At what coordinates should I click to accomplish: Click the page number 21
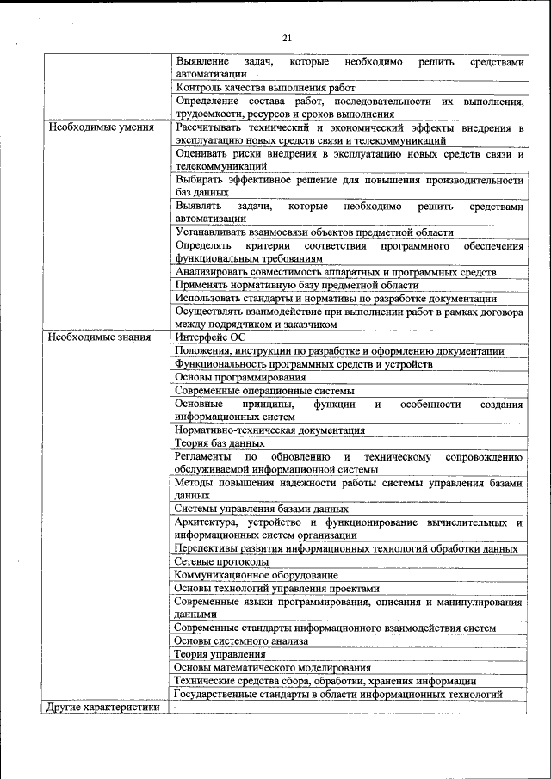[288, 37]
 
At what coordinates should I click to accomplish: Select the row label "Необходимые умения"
[101, 127]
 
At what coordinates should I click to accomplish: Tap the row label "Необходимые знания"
[100, 337]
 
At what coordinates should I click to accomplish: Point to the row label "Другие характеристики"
[104, 708]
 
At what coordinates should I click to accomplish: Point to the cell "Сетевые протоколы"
[222, 561]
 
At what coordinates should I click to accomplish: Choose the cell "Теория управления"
[220, 654]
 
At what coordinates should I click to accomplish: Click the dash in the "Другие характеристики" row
[176, 708]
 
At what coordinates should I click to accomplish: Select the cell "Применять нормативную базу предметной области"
[297, 285]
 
